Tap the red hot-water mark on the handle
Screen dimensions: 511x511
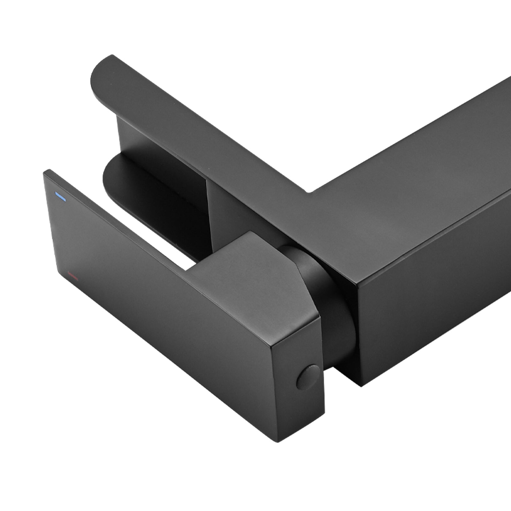tap(73, 276)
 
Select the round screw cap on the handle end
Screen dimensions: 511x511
tap(308, 377)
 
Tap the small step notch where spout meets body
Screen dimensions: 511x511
tap(309, 192)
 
